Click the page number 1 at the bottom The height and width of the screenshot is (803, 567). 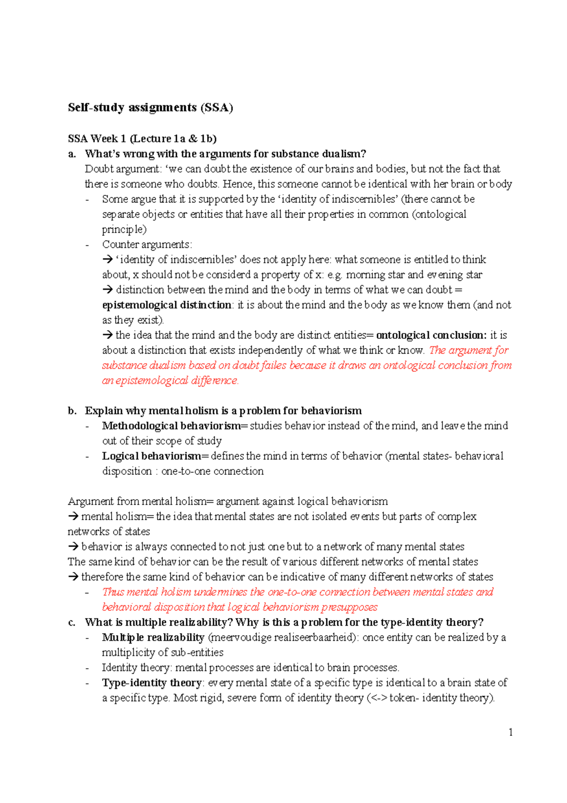(x=511, y=733)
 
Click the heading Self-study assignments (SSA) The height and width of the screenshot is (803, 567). (x=150, y=108)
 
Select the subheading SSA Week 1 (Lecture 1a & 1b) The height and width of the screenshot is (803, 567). (x=142, y=139)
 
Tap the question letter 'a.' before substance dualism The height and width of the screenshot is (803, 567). (x=72, y=154)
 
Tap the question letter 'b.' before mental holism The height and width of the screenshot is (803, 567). (x=72, y=410)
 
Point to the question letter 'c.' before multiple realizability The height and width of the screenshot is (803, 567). (x=72, y=622)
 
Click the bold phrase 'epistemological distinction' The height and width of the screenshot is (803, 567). (x=166, y=305)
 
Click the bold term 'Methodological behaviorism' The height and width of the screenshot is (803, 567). (x=171, y=426)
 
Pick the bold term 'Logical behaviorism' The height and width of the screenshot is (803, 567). (x=151, y=456)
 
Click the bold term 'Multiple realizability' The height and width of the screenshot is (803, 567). (x=153, y=637)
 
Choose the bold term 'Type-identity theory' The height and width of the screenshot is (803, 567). (x=152, y=683)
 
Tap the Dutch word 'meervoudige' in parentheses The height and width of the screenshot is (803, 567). (x=233, y=637)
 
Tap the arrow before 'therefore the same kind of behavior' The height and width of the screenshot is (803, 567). (x=73, y=577)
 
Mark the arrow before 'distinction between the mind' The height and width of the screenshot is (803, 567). (x=107, y=290)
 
